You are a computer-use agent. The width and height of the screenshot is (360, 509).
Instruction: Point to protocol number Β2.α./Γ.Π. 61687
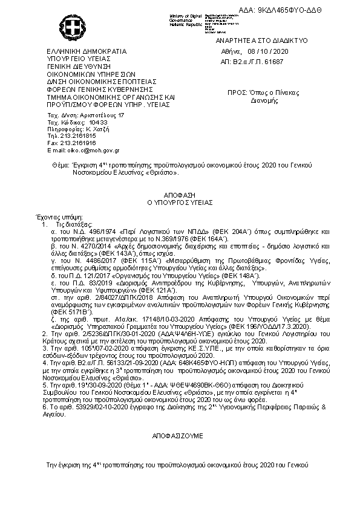coord(262,62)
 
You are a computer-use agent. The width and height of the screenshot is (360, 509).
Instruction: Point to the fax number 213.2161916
coord(76,143)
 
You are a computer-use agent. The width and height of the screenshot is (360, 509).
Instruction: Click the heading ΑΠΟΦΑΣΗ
coord(180,196)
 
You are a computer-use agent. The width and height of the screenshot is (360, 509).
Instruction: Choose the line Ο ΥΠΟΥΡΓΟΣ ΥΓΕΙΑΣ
coord(180,203)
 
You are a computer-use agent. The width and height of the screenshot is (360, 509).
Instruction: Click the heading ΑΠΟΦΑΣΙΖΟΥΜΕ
coord(180,435)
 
